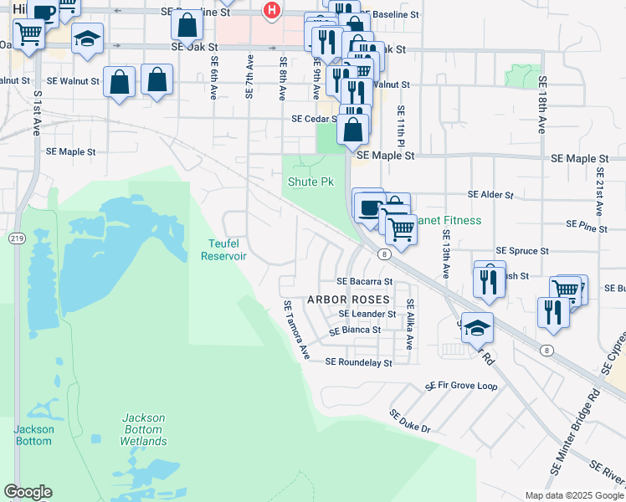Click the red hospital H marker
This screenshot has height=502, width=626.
(x=271, y=11)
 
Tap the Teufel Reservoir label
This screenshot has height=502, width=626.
(x=223, y=250)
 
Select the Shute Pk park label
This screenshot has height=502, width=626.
(x=310, y=182)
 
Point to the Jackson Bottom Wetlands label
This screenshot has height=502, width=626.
(x=143, y=429)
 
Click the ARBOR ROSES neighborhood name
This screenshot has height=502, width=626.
(x=349, y=300)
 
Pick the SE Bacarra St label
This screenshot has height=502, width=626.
(x=364, y=282)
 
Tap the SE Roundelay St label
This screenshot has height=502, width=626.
(x=358, y=363)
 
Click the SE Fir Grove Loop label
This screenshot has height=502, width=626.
(x=461, y=387)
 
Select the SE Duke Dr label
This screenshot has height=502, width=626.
(x=409, y=421)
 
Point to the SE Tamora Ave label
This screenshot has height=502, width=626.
(x=296, y=331)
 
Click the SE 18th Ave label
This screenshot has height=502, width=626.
(x=542, y=105)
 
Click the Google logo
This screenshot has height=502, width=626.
(x=28, y=492)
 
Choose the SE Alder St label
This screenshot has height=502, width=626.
(x=490, y=194)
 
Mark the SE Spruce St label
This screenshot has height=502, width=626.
(x=522, y=250)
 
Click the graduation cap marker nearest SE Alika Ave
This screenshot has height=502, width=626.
(x=477, y=328)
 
